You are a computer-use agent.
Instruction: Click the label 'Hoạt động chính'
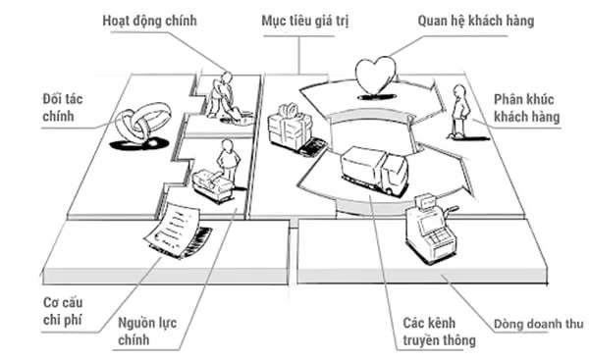point(149,21)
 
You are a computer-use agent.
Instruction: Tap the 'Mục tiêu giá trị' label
point(305,21)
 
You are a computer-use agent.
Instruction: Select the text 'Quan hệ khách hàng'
point(475,21)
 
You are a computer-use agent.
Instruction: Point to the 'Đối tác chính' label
point(63,108)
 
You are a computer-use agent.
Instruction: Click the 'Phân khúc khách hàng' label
point(526,108)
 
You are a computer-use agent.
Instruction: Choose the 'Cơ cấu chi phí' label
point(63,311)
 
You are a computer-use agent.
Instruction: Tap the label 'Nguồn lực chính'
point(147,332)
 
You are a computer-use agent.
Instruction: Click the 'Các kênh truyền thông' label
point(439,332)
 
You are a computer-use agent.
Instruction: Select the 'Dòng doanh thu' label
point(538,324)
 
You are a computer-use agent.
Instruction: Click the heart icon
point(375,76)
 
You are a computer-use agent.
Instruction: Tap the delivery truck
point(374,171)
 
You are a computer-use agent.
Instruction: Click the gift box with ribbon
point(290,127)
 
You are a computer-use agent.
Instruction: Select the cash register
point(431,229)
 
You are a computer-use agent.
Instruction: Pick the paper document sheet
point(172,229)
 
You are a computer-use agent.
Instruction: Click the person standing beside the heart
point(459,111)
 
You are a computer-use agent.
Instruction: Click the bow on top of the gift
point(289,109)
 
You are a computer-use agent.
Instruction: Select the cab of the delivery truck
point(393,175)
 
